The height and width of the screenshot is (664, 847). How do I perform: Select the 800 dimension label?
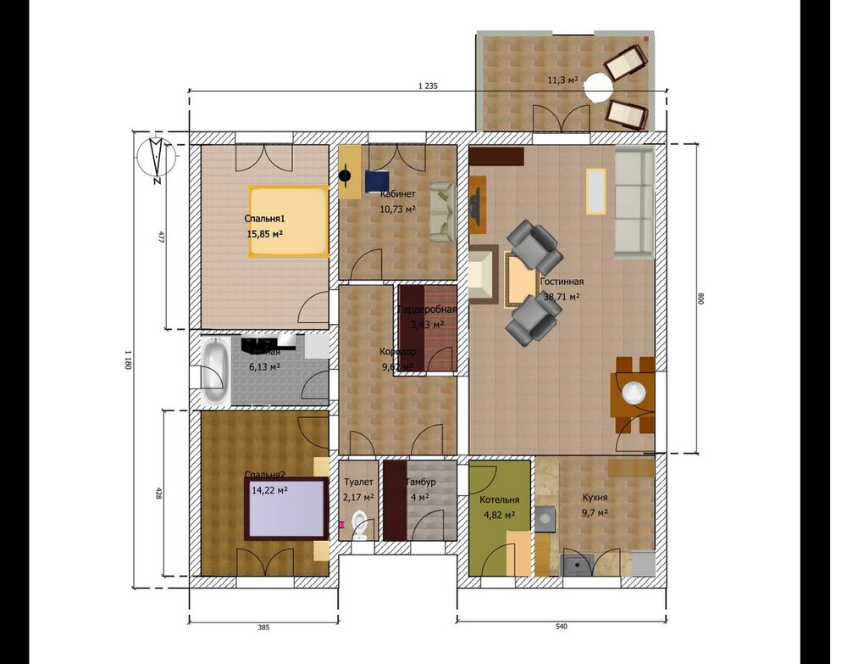[700, 299]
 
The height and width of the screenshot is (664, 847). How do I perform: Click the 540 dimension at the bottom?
[561, 627]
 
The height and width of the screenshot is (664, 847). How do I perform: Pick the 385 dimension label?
[263, 628]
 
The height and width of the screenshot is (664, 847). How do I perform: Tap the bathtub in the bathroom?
[214, 371]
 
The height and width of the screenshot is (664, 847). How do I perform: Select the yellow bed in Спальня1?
[287, 220]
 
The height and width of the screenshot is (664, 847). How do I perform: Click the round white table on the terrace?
[600, 86]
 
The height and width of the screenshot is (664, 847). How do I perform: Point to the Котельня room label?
[499, 499]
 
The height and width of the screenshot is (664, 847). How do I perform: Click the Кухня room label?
[595, 498]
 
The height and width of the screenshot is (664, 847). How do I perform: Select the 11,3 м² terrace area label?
[562, 80]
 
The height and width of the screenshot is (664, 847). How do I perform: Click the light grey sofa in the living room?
[633, 204]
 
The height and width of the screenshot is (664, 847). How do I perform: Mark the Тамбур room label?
[420, 482]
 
